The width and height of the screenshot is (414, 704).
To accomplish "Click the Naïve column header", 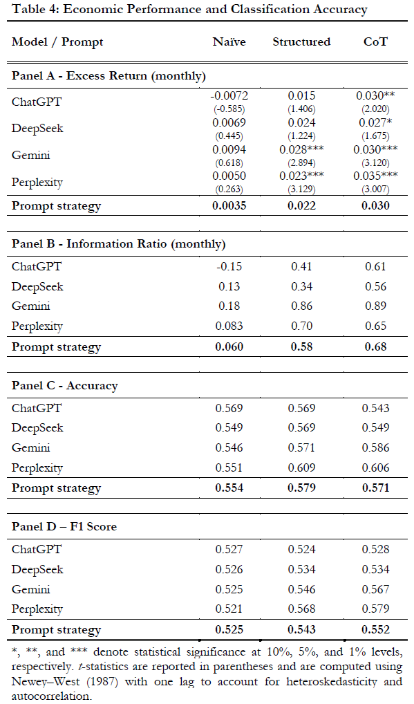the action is (x=229, y=41).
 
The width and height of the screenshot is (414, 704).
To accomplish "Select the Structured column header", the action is (x=301, y=41).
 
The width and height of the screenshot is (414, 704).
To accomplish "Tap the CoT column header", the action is (x=375, y=41).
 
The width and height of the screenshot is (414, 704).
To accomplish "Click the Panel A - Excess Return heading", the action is (x=109, y=75).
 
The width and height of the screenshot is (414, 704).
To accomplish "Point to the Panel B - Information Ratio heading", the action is (x=118, y=244).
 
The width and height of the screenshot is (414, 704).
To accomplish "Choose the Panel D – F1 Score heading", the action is (x=64, y=526).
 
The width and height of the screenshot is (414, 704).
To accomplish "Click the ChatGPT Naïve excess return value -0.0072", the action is (x=229, y=95).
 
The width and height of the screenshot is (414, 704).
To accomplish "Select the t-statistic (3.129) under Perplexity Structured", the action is (x=301, y=189).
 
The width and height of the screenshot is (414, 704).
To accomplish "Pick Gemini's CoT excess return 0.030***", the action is (x=375, y=149).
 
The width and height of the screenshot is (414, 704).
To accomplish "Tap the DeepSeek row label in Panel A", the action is (x=37, y=129).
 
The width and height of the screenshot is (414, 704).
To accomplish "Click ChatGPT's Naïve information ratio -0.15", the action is (x=229, y=267).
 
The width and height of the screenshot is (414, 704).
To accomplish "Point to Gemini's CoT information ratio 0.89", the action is (x=375, y=306).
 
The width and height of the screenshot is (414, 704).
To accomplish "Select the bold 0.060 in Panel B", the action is (x=229, y=346).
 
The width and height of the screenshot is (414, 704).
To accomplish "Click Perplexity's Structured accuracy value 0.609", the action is (x=301, y=468).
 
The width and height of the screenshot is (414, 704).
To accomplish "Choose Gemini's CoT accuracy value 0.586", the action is (x=375, y=447).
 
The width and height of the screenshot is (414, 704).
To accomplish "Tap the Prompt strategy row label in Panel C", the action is (x=56, y=488).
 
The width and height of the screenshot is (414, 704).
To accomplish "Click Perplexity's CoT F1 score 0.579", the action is (x=375, y=609).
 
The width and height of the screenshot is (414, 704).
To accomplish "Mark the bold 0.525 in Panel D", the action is (x=229, y=629).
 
